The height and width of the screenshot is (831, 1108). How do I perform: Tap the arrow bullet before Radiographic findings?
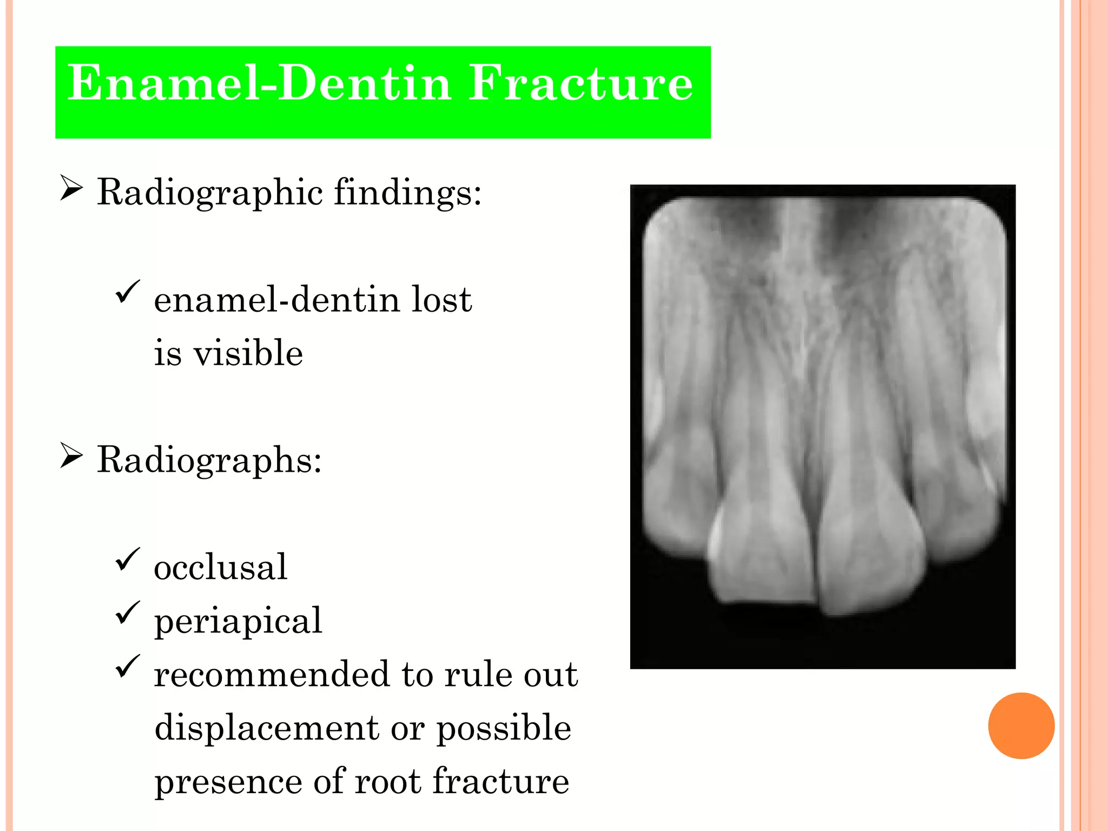(71, 188)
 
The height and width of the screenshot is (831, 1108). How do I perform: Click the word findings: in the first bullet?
(407, 193)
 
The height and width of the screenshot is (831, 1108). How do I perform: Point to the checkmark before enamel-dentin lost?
(128, 292)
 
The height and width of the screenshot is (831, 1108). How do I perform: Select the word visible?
(248, 353)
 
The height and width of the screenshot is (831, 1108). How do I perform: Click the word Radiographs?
(209, 460)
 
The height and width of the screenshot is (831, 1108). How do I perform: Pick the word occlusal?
(220, 568)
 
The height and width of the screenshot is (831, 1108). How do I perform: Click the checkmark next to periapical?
(128, 612)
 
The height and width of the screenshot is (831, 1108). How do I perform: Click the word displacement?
(267, 728)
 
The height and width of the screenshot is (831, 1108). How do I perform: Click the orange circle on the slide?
(1021, 726)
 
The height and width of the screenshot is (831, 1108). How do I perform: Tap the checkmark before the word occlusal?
(128, 559)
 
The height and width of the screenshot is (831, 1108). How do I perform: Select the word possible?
(504, 728)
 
